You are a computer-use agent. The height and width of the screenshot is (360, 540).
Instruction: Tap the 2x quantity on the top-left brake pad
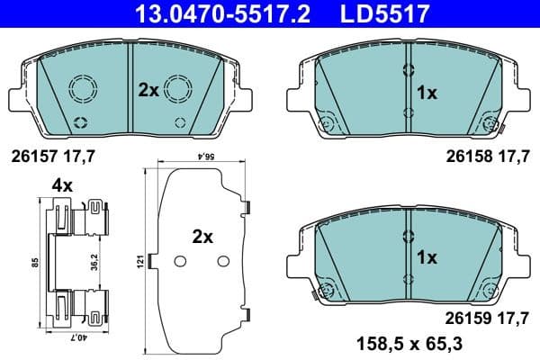148,90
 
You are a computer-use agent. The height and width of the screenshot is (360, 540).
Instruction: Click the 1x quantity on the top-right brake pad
427,91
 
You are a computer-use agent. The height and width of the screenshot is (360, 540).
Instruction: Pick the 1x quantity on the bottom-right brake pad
427,257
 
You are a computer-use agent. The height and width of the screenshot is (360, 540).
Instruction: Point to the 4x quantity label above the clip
62,184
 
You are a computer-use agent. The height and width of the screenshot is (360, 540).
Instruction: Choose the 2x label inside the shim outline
202,238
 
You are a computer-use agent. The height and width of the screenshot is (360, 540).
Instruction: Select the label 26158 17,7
487,155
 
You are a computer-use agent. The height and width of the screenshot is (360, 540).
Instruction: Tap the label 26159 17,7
487,316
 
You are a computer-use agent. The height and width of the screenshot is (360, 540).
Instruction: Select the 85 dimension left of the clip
35,262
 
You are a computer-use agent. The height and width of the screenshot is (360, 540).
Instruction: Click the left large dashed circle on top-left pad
82,87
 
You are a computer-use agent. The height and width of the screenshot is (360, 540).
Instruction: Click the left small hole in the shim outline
178,261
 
